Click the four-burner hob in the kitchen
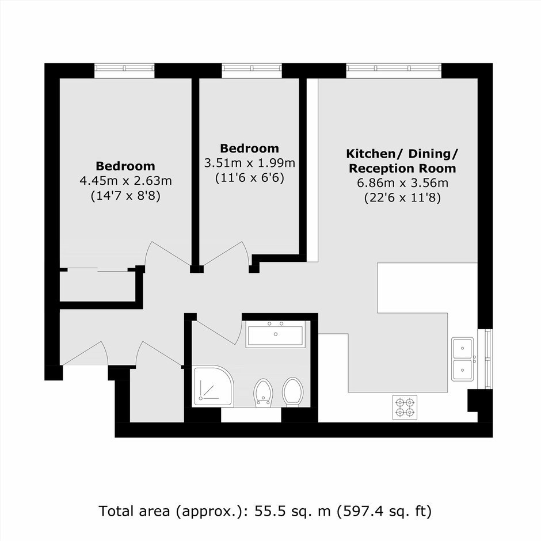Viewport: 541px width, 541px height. click(x=405, y=407)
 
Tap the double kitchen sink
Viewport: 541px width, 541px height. click(x=463, y=359)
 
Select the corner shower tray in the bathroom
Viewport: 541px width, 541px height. click(x=213, y=386)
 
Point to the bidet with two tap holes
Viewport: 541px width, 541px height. click(x=264, y=393)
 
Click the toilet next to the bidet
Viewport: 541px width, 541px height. click(x=292, y=392)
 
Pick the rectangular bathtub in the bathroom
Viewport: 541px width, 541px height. click(x=275, y=334)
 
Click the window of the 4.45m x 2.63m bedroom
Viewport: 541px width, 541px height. click(x=124, y=71)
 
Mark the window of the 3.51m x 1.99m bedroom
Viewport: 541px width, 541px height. click(x=252, y=71)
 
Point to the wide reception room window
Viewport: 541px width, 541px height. click(x=394, y=71)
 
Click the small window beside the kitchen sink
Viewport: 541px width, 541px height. click(x=485, y=359)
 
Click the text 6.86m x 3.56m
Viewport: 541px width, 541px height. click(x=403, y=183)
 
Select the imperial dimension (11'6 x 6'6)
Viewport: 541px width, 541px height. click(x=249, y=178)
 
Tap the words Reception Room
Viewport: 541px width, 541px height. click(x=402, y=169)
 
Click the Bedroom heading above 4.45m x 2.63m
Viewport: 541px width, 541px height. click(x=125, y=166)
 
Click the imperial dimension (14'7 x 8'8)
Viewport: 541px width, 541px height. click(x=125, y=196)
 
